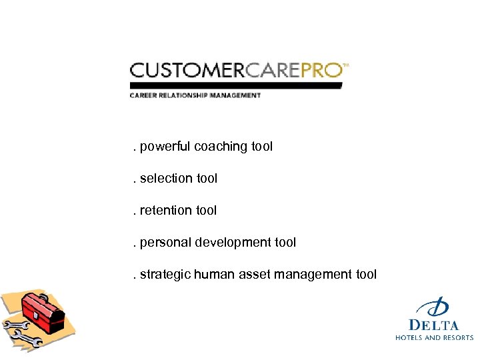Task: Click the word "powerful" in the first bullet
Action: click(x=165, y=147)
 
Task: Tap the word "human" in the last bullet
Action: click(x=211, y=274)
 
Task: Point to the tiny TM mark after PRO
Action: click(x=346, y=65)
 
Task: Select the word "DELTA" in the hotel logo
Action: click(x=434, y=325)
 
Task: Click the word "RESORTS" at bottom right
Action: click(x=457, y=338)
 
